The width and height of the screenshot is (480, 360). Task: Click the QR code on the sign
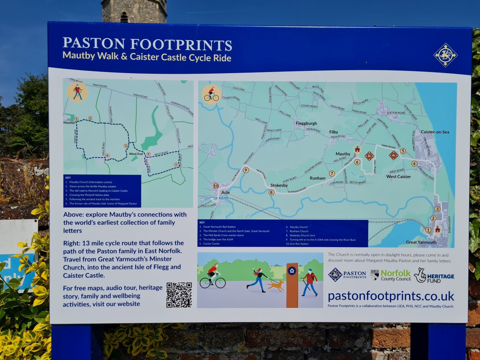pos(179,295)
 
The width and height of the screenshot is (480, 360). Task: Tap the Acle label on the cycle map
pos(225,192)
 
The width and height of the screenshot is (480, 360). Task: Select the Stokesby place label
pos(279,185)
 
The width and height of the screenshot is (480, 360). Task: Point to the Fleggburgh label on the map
pos(306,123)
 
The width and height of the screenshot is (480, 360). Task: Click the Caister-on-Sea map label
pos(435,132)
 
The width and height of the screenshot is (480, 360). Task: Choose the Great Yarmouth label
pos(421,242)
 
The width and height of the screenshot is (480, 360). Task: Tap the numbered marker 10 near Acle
pos(216,186)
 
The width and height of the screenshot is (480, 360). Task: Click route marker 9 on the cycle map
pos(246,170)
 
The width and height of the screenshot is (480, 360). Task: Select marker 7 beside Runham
pos(332,174)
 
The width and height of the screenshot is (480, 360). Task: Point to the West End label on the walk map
pos(136,154)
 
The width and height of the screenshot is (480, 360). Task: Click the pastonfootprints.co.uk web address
pos(391,296)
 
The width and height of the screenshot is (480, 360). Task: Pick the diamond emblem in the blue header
pos(445,55)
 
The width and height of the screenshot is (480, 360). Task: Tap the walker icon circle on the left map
pos(77,92)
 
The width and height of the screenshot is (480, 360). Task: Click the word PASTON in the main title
pos(94,43)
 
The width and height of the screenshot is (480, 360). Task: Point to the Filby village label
pos(333,132)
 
